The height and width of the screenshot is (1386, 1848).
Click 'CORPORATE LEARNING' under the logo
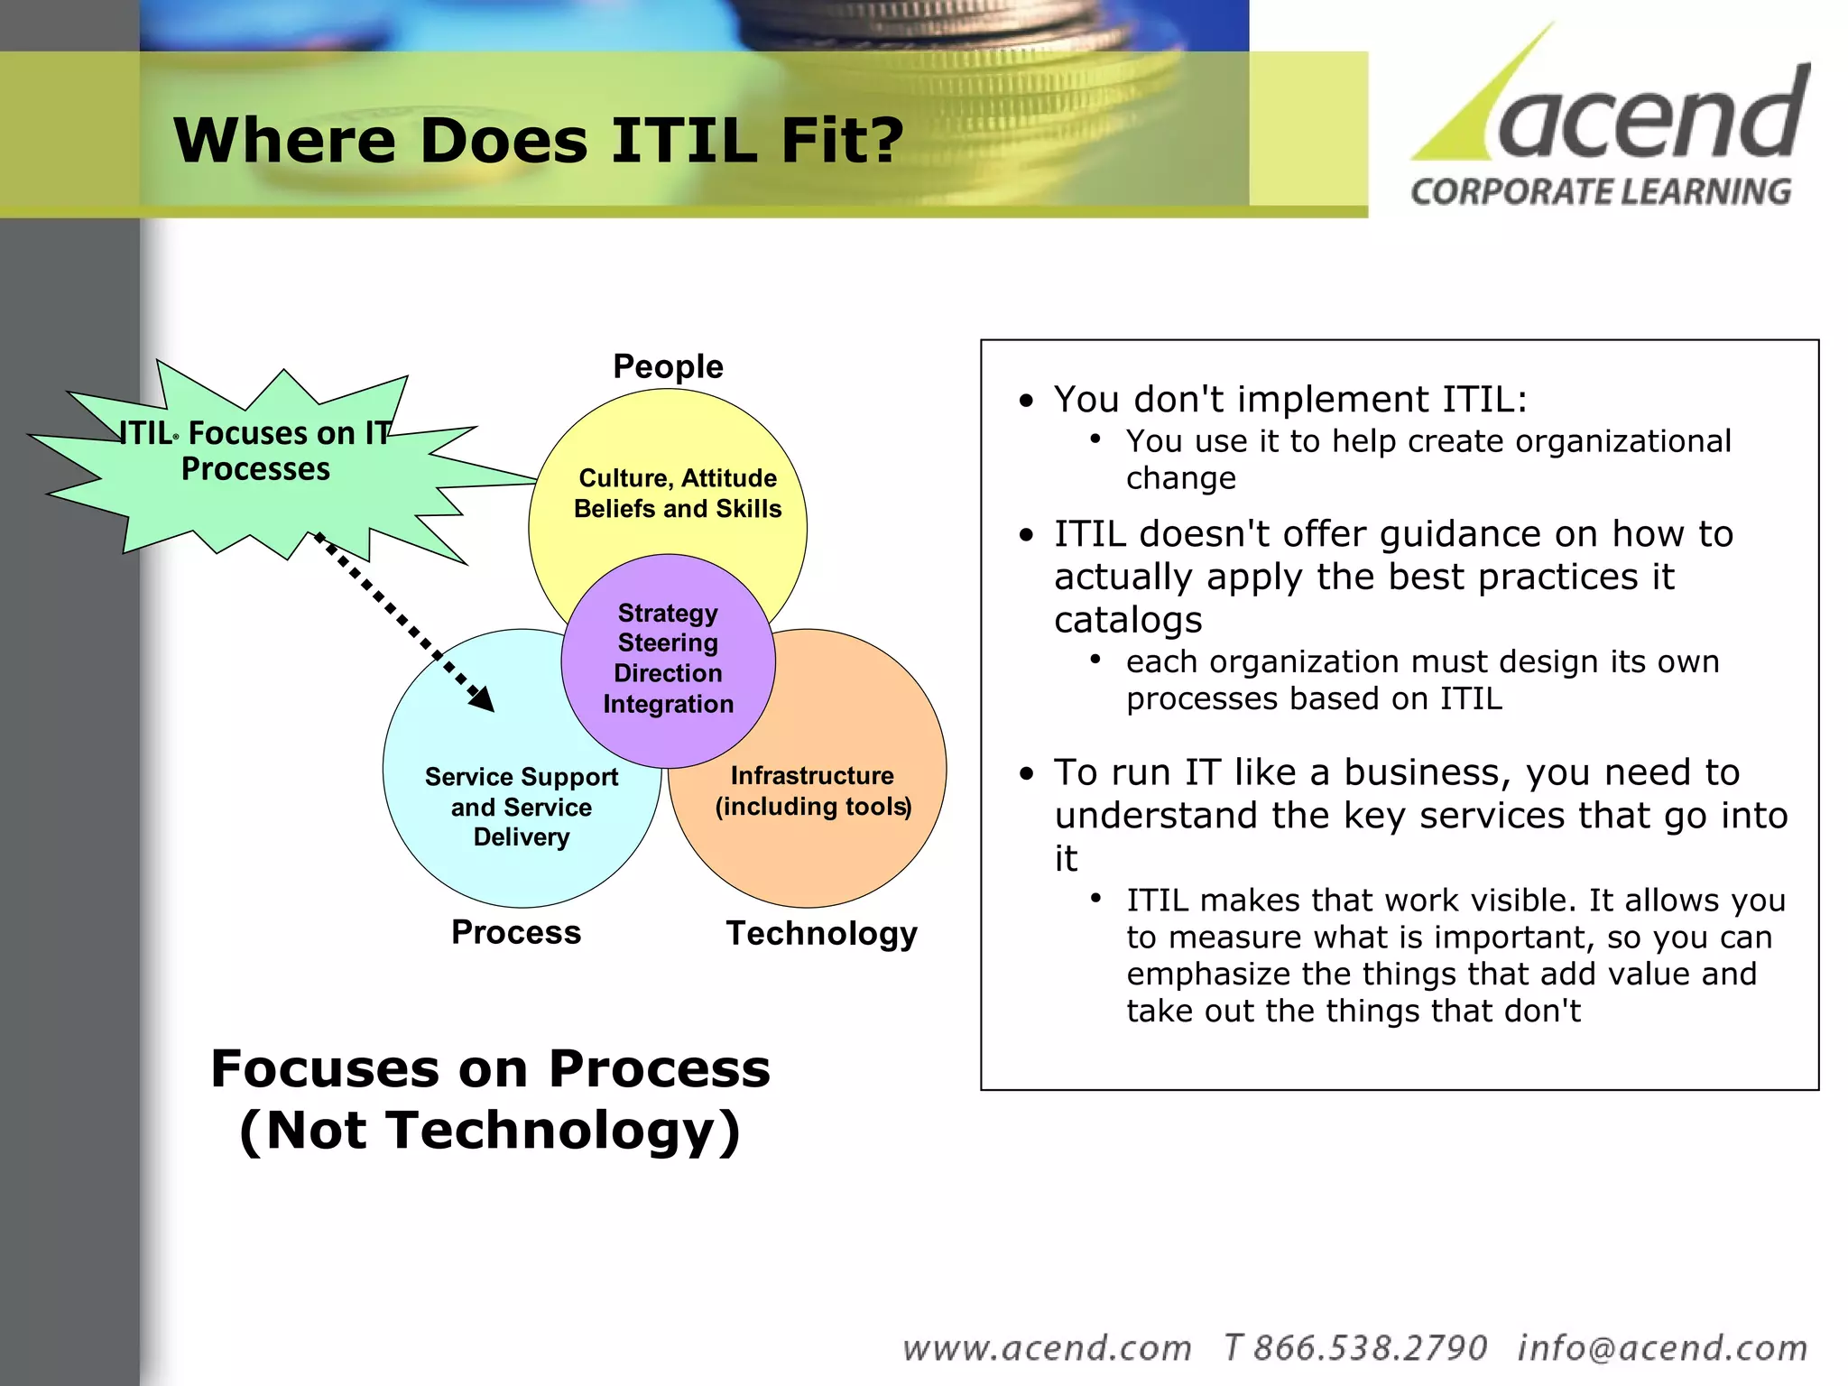pyautogui.click(x=1601, y=192)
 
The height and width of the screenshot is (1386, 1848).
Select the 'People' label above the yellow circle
pyautogui.click(x=668, y=366)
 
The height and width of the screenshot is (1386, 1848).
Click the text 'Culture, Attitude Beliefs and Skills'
pyautogui.click(x=678, y=494)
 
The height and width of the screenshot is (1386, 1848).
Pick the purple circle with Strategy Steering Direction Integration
pyautogui.click(x=668, y=659)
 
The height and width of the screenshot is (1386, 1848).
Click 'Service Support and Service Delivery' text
pyautogui.click(x=522, y=807)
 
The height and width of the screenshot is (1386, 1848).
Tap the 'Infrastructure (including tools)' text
pyautogui.click(x=812, y=790)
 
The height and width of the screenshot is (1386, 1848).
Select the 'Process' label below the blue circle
pyautogui.click(x=516, y=932)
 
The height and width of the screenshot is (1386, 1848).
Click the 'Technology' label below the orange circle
pyautogui.click(x=821, y=933)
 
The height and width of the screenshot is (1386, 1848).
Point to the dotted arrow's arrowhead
pyautogui.click(x=483, y=700)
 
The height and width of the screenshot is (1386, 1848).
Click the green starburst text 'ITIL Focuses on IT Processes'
pyautogui.click(x=255, y=451)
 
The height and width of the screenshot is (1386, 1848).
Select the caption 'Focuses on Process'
pyautogui.click(x=490, y=1069)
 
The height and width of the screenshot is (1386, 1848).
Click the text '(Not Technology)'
pyautogui.click(x=490, y=1130)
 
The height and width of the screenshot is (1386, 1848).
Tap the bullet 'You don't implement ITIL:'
pyautogui.click(x=1290, y=400)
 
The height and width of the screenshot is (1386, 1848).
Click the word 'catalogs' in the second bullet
pyautogui.click(x=1128, y=620)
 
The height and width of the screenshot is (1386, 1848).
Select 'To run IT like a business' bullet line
pyautogui.click(x=1397, y=772)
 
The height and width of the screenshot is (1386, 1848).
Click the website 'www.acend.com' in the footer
pyautogui.click(x=1047, y=1348)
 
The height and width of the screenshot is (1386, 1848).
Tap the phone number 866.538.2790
pyautogui.click(x=1369, y=1348)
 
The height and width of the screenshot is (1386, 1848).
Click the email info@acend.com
pyautogui.click(x=1662, y=1348)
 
